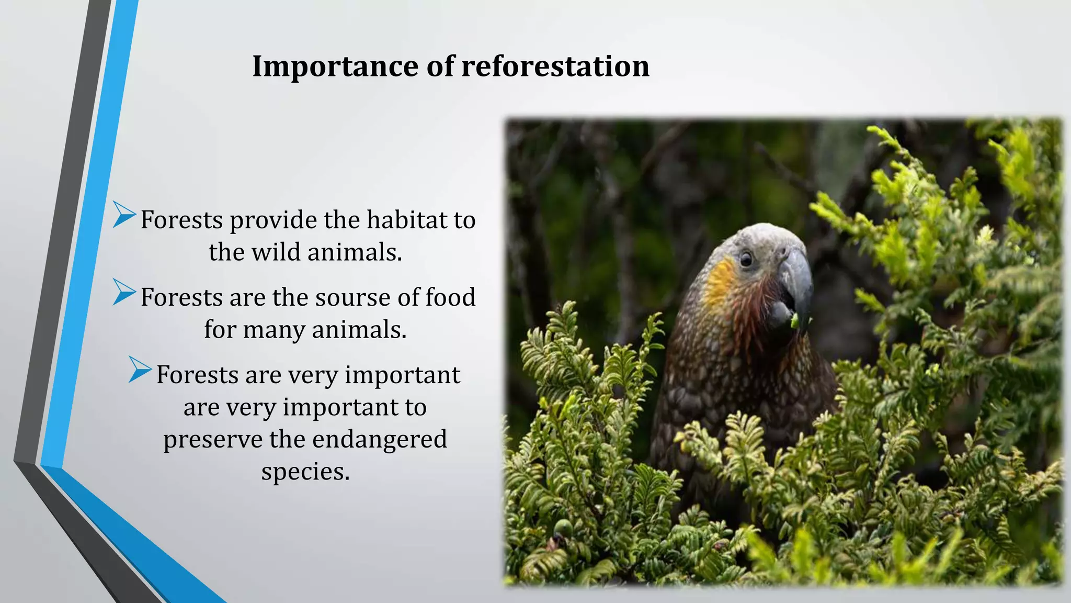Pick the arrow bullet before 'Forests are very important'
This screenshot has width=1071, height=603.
coord(140,370)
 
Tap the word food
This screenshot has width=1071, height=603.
coord(450,297)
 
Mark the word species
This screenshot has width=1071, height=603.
coord(305,472)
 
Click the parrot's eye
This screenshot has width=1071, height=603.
coord(746,259)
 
